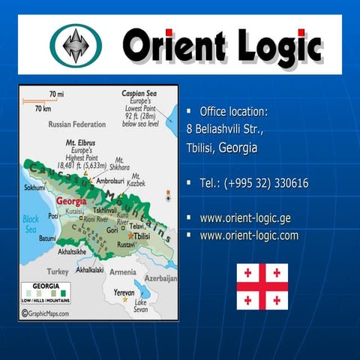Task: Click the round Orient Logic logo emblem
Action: (76, 44)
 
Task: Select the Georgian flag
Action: (262, 286)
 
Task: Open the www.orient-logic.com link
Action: (249, 235)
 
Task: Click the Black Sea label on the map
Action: (31, 223)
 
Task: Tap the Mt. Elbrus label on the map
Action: (79, 141)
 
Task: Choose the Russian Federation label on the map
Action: (76, 124)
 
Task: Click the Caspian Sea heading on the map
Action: (138, 94)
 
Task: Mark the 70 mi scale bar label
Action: (56, 94)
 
